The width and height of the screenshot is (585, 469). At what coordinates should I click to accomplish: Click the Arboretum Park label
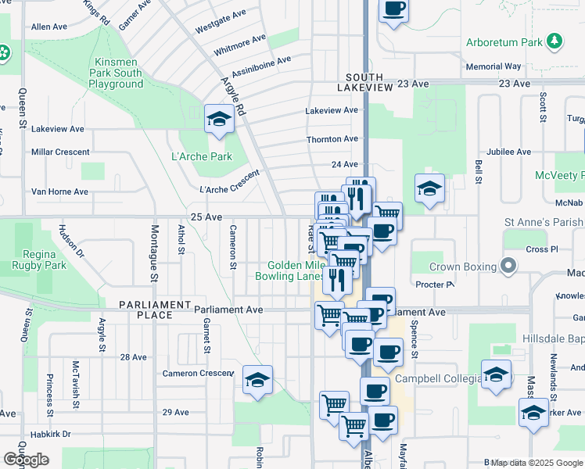504,41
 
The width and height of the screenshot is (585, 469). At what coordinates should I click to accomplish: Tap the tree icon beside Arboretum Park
554,41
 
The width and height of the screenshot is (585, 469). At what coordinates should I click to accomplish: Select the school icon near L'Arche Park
219,120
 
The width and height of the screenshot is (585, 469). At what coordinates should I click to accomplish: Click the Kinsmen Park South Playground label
117,73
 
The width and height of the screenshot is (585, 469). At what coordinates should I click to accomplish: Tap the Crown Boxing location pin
508,267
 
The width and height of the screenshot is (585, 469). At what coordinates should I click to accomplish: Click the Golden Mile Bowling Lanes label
290,270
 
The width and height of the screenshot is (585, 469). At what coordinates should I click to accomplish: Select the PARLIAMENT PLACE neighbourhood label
156,310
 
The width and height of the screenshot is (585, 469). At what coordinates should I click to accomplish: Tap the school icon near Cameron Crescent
257,380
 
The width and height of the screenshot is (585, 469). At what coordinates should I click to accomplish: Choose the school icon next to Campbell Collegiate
496,374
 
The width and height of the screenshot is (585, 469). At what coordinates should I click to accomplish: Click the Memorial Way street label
493,67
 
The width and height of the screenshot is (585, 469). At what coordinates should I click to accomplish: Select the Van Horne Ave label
59,192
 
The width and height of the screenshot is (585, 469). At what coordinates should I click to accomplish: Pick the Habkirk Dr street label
50,434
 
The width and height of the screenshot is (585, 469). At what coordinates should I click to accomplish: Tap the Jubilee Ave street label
508,152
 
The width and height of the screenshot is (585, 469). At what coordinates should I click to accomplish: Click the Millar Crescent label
59,152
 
